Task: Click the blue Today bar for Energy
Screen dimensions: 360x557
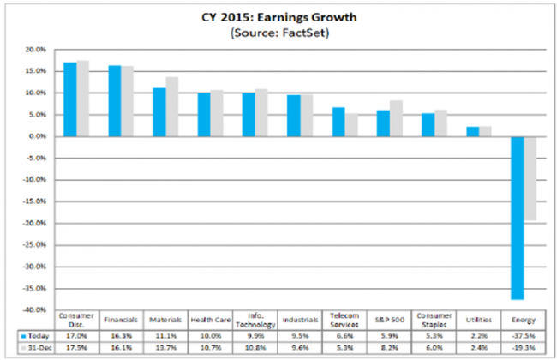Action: click(x=518, y=218)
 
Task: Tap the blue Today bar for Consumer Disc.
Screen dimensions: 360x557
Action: click(x=70, y=99)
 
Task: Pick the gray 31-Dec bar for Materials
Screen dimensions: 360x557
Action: click(x=172, y=106)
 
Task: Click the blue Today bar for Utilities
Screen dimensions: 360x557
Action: click(x=472, y=131)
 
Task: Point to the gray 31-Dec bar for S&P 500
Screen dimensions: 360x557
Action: click(x=396, y=118)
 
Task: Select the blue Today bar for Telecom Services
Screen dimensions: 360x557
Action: click(x=338, y=122)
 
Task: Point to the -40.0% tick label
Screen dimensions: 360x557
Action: click(x=31, y=309)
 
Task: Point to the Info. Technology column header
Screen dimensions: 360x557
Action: click(x=255, y=319)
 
